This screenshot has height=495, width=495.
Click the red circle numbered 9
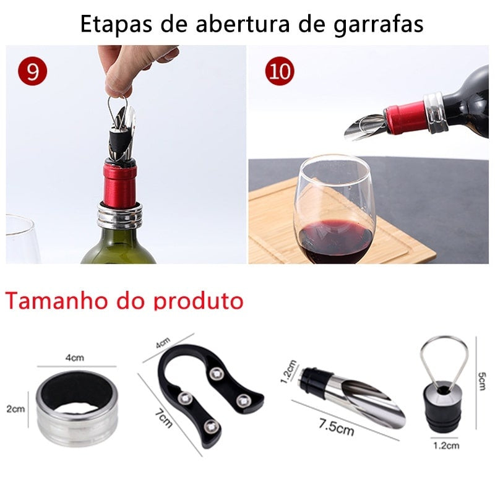coord(32,72)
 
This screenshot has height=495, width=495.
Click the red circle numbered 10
coord(280,72)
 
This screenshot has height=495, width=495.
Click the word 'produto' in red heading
coord(199,301)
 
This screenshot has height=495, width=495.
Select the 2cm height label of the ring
coord(16,409)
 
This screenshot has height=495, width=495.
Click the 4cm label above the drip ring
coord(74,358)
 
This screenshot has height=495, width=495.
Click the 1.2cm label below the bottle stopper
coord(445,445)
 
